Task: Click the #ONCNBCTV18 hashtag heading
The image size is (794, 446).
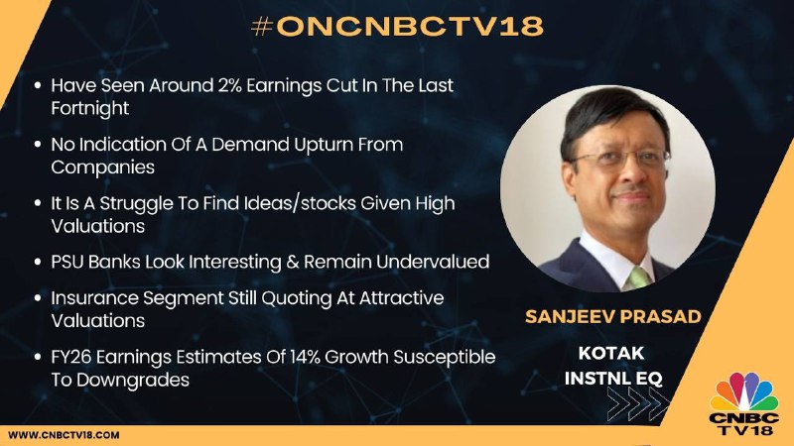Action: (x=397, y=27)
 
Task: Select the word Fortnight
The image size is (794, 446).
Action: (x=90, y=108)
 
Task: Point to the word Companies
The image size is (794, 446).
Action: (x=103, y=167)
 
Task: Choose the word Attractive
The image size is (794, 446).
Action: (x=402, y=298)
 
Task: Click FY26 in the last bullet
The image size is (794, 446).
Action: (x=70, y=357)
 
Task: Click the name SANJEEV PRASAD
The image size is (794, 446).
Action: (x=613, y=316)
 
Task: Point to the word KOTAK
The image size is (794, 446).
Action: (x=611, y=353)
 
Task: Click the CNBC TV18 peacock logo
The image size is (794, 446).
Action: (x=743, y=403)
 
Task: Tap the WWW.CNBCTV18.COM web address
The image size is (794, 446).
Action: (x=64, y=435)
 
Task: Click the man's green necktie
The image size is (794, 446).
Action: (x=637, y=278)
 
